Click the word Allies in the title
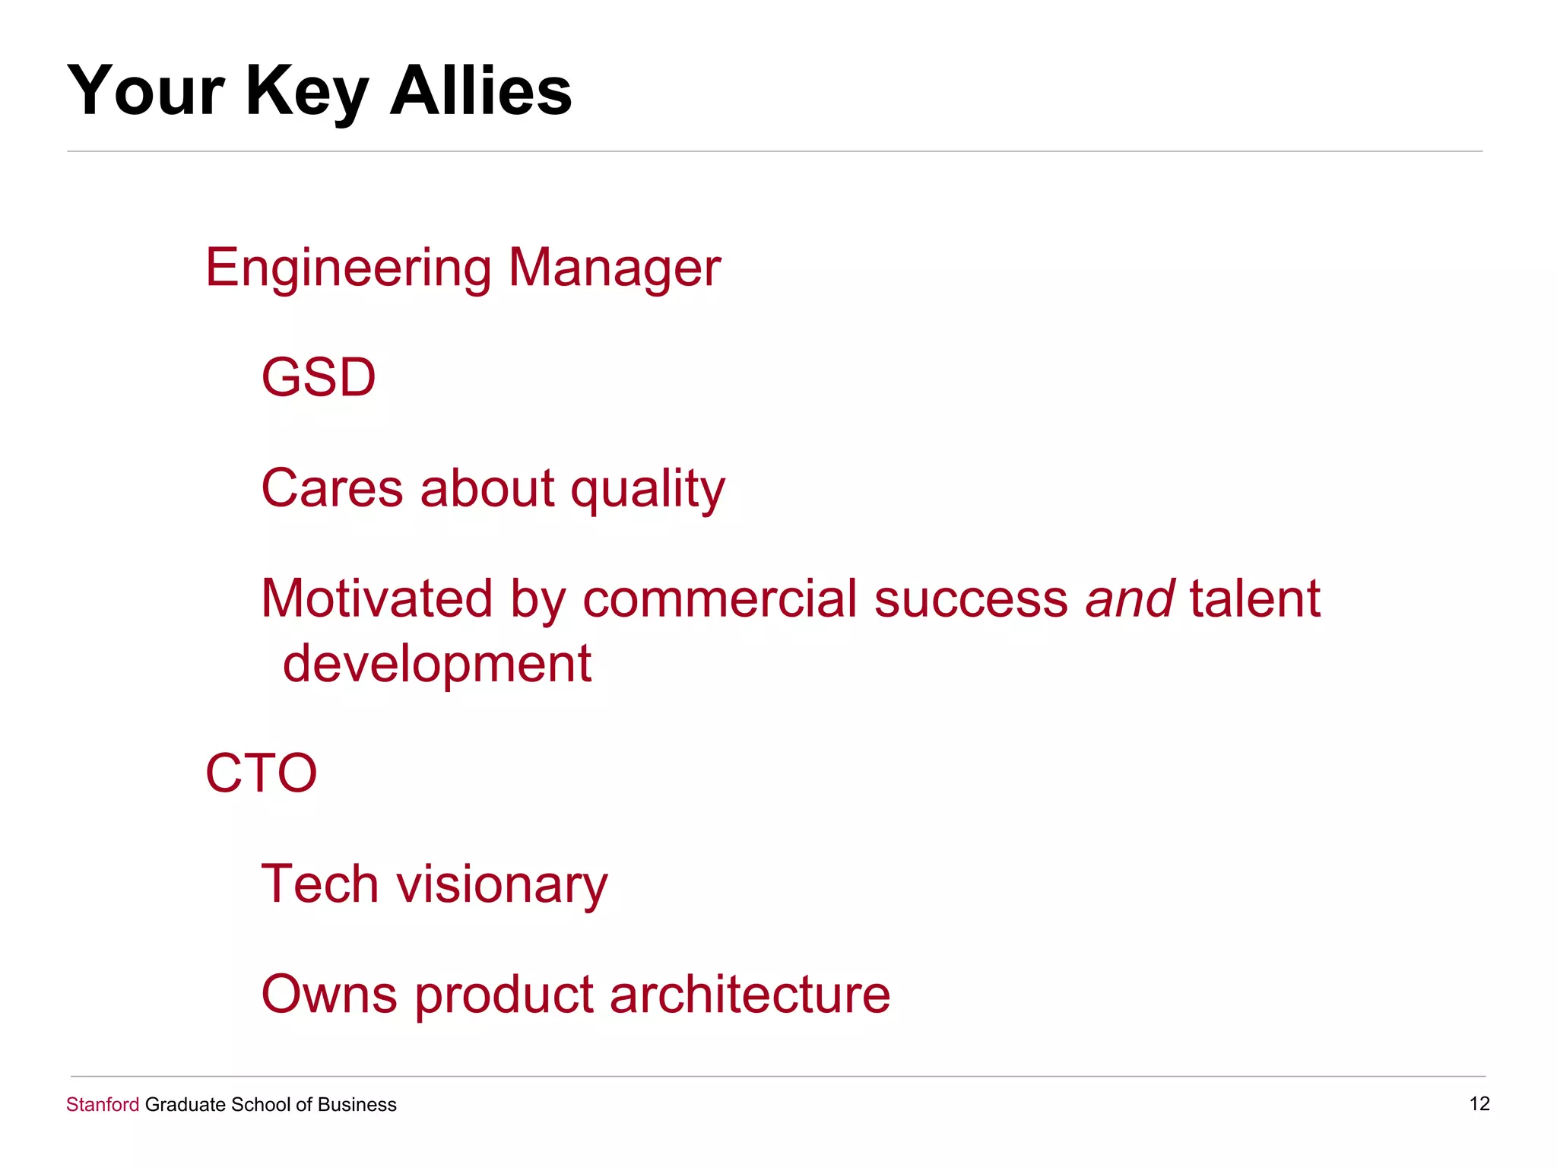click(480, 90)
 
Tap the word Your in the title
click(146, 90)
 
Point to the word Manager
click(614, 268)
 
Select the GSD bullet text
click(319, 377)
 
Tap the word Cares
click(332, 488)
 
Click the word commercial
click(720, 598)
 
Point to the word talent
click(1254, 598)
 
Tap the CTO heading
click(261, 773)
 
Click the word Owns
click(329, 994)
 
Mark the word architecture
click(750, 994)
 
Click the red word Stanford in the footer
click(103, 1104)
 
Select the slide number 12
click(1479, 1103)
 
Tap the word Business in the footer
click(357, 1104)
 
